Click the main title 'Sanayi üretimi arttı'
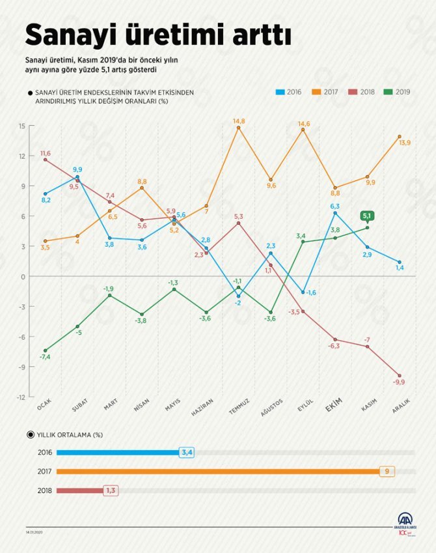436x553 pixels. pos(157,34)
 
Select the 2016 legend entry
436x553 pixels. pos(289,92)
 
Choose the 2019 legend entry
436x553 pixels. pos(398,92)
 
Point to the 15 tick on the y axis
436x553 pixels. pos(21,126)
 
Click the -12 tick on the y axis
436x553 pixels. pos(21,397)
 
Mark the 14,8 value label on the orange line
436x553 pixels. pos(239,121)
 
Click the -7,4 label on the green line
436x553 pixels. pos(45,358)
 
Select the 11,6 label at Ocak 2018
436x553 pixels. pos(45,153)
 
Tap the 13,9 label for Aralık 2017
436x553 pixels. pos(403,143)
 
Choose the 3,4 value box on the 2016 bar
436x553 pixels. pos(186,452)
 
